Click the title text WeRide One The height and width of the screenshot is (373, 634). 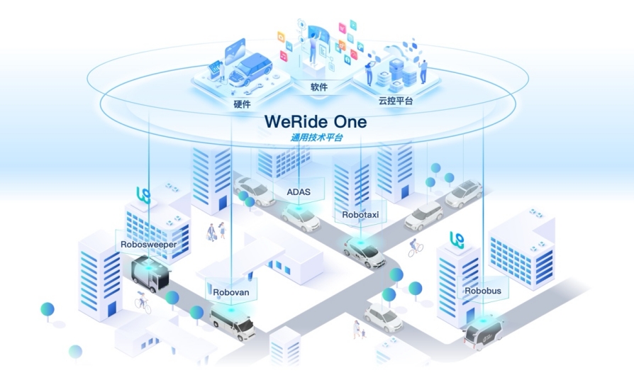[x=316, y=121]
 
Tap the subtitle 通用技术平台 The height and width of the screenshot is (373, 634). [x=317, y=138]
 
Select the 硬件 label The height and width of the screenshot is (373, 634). [x=242, y=104]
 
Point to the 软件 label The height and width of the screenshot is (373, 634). [x=318, y=88]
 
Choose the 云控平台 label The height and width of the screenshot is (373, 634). [x=396, y=101]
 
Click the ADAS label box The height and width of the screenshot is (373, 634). [x=298, y=191]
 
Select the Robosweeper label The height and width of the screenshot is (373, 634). [x=148, y=245]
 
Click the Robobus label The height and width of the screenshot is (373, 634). [x=483, y=291]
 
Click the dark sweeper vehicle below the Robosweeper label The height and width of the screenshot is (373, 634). [x=150, y=274]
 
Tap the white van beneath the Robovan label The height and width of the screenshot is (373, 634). [x=233, y=323]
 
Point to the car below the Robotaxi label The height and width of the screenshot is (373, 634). [x=365, y=251]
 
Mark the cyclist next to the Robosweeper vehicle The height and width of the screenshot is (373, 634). [x=143, y=304]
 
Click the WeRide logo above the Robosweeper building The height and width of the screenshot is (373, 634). [x=142, y=194]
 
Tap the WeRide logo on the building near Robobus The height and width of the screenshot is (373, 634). [x=456, y=240]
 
